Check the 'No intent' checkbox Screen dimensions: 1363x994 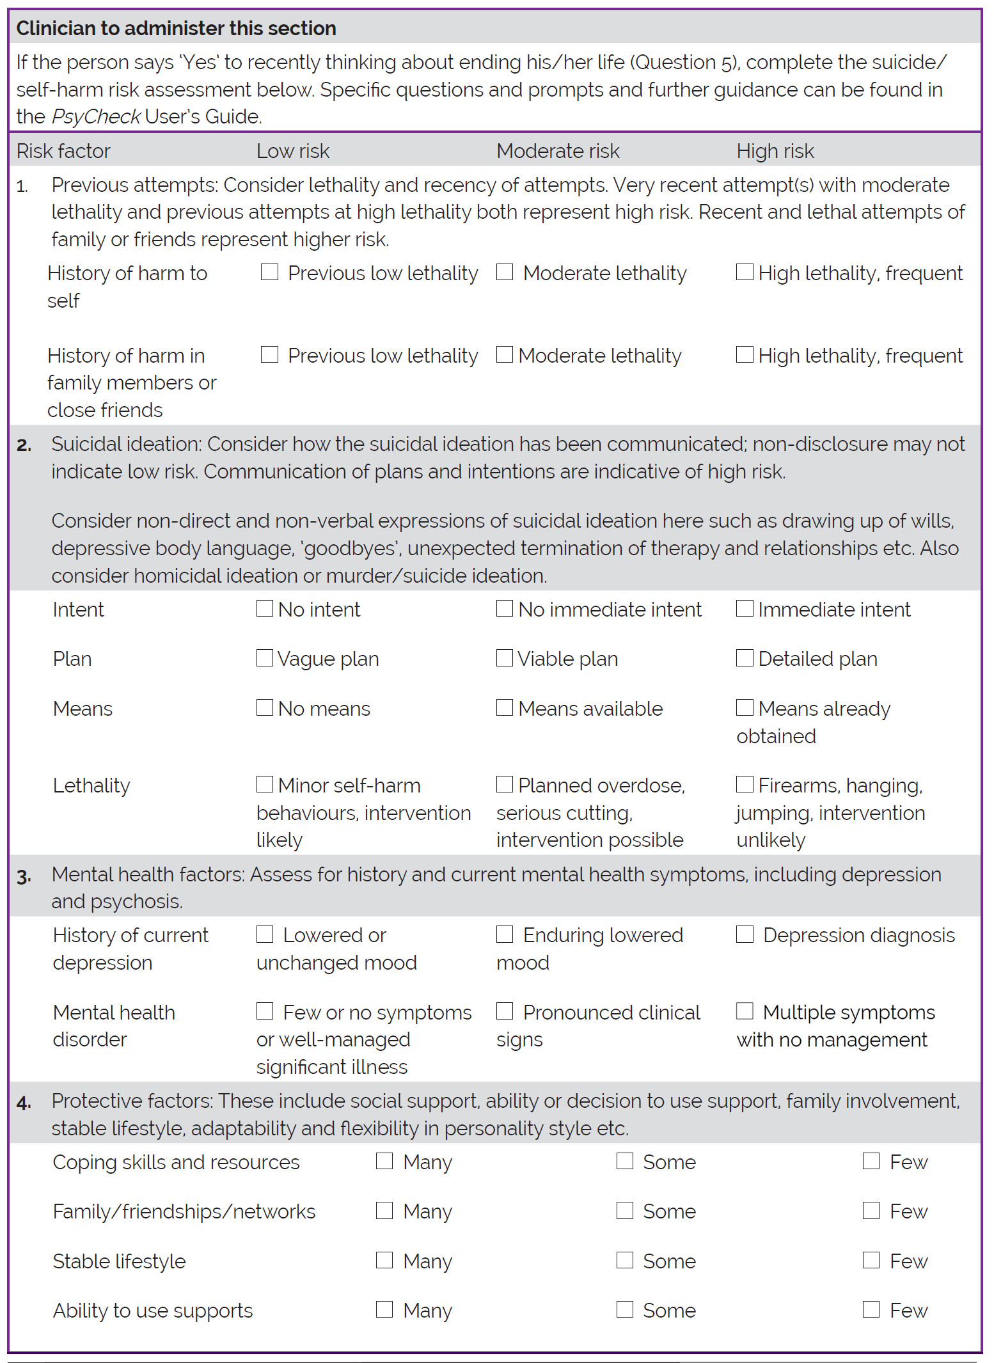pyautogui.click(x=265, y=608)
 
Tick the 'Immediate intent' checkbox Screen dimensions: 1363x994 pyautogui.click(x=745, y=608)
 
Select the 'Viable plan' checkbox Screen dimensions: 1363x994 pyautogui.click(x=505, y=658)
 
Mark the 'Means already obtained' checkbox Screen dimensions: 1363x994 pyautogui.click(x=745, y=707)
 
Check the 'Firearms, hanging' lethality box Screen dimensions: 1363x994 pyautogui.click(x=745, y=784)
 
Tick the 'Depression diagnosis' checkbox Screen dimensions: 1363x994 pyautogui.click(x=745, y=934)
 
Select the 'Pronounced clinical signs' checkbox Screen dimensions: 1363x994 pyautogui.click(x=505, y=1011)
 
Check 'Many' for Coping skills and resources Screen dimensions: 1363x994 pyautogui.click(x=384, y=1161)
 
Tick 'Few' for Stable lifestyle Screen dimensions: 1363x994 pyautogui.click(x=871, y=1260)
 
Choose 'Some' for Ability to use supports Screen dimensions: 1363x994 pyautogui.click(x=625, y=1309)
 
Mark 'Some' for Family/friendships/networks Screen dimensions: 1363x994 pyautogui.click(x=625, y=1210)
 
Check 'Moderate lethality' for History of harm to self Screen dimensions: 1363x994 pyautogui.click(x=505, y=272)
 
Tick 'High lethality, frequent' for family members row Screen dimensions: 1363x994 pyautogui.click(x=745, y=354)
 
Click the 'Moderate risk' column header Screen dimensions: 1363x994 pyautogui.click(x=558, y=151)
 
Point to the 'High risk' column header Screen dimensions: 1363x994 pyautogui.click(x=775, y=151)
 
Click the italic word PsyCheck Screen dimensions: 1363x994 pyautogui.click(x=96, y=116)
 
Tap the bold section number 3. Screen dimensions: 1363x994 pyautogui.click(x=24, y=876)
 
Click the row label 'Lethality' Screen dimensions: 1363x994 pyautogui.click(x=91, y=785)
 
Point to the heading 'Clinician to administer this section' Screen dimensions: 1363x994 pyautogui.click(x=176, y=28)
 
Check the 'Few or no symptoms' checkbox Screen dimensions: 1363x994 pyautogui.click(x=265, y=1011)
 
